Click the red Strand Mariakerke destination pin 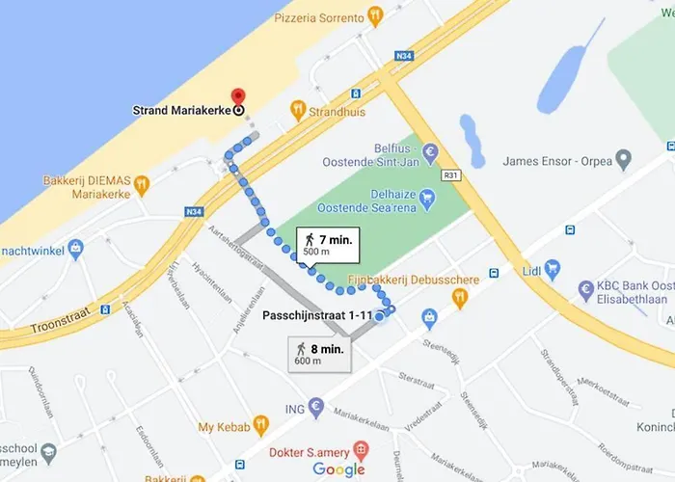point(238,98)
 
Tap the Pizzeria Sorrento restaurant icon point(376,16)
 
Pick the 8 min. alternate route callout point(318,354)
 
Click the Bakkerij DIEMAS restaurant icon point(142,182)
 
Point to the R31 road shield point(450,176)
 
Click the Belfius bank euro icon point(430,151)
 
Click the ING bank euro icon point(315,408)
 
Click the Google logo point(338,469)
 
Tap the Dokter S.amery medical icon point(360,448)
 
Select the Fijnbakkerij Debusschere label point(395,280)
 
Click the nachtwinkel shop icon point(76,250)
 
